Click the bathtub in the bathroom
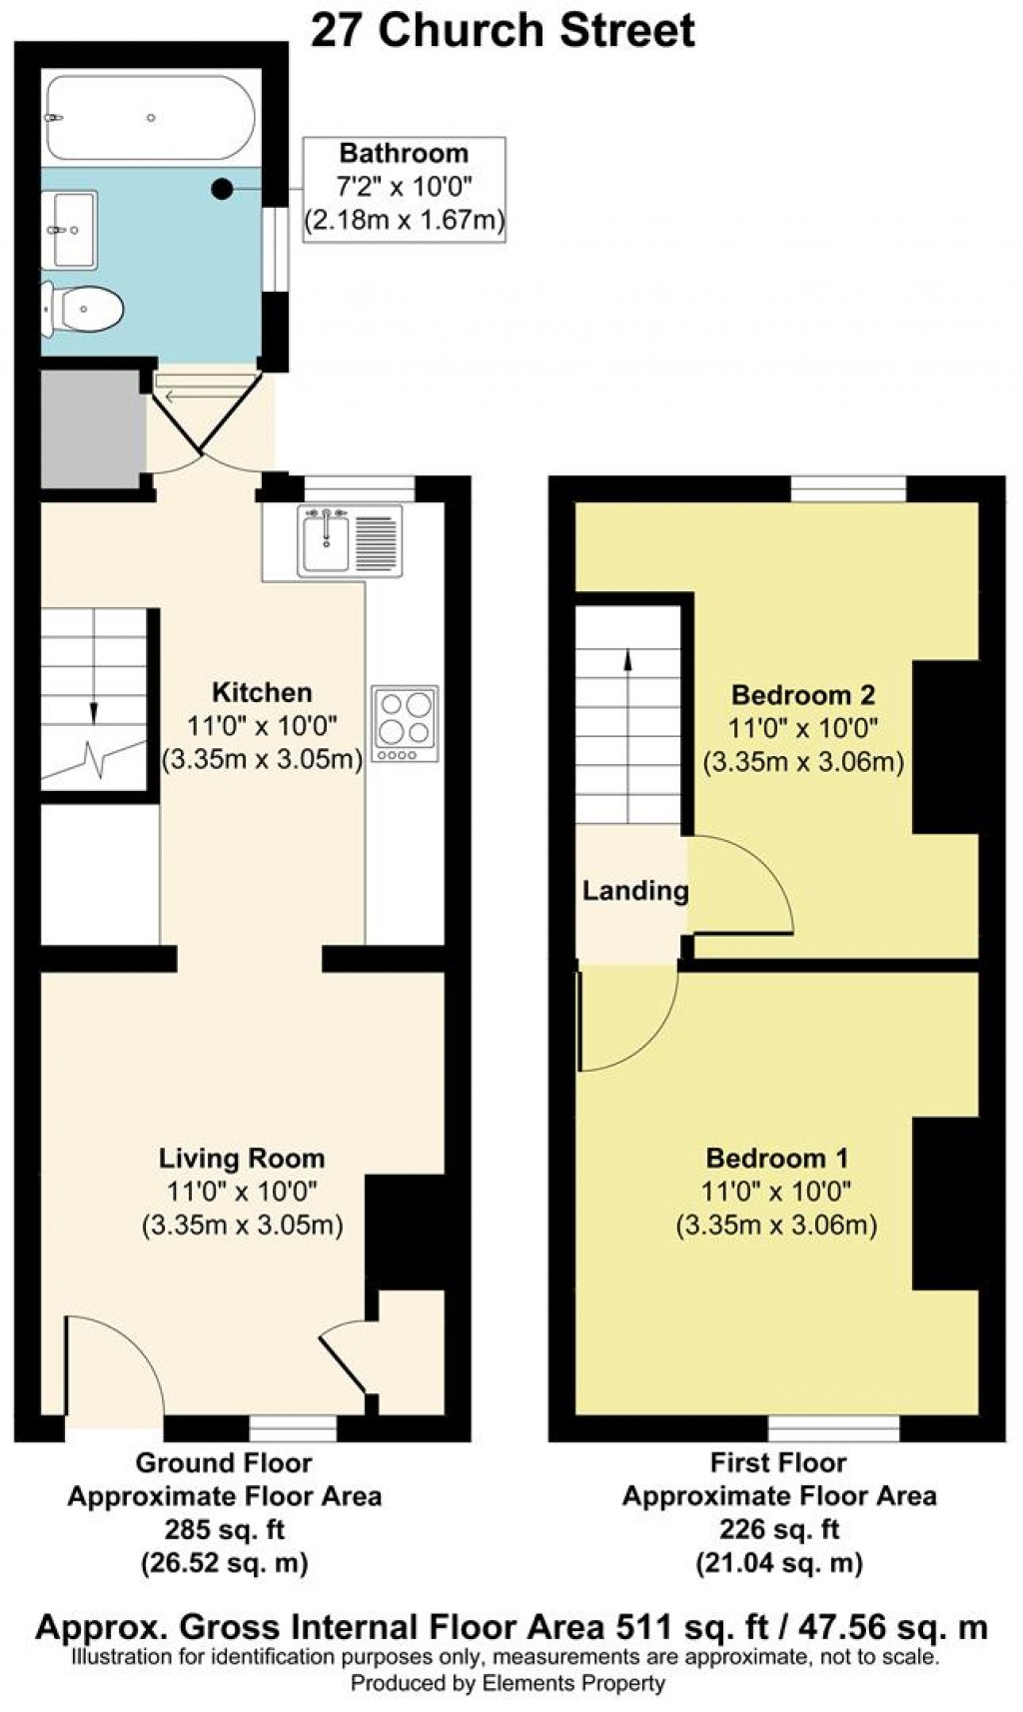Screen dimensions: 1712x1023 coord(150,118)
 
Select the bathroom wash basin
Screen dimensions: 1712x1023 coord(72,231)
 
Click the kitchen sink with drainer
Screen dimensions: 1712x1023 coord(349,540)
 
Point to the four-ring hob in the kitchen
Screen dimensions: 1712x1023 coord(405,723)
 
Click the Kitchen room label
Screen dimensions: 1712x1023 coord(262,692)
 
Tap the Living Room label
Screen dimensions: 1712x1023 coord(242,1159)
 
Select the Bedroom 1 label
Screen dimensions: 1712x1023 coord(776,1159)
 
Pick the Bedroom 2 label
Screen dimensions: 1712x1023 coord(803,694)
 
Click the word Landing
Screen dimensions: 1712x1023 coord(635,890)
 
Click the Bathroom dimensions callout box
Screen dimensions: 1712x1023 coord(404,189)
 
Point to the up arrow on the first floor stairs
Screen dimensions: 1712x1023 coord(628,659)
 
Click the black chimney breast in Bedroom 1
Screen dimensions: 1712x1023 coord(944,1204)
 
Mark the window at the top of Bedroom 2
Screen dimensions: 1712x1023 coord(848,489)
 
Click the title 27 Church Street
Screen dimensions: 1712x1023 coord(503,30)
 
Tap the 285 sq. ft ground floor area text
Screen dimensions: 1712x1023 coord(224,1529)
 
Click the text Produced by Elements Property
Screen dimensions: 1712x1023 coord(507,1683)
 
